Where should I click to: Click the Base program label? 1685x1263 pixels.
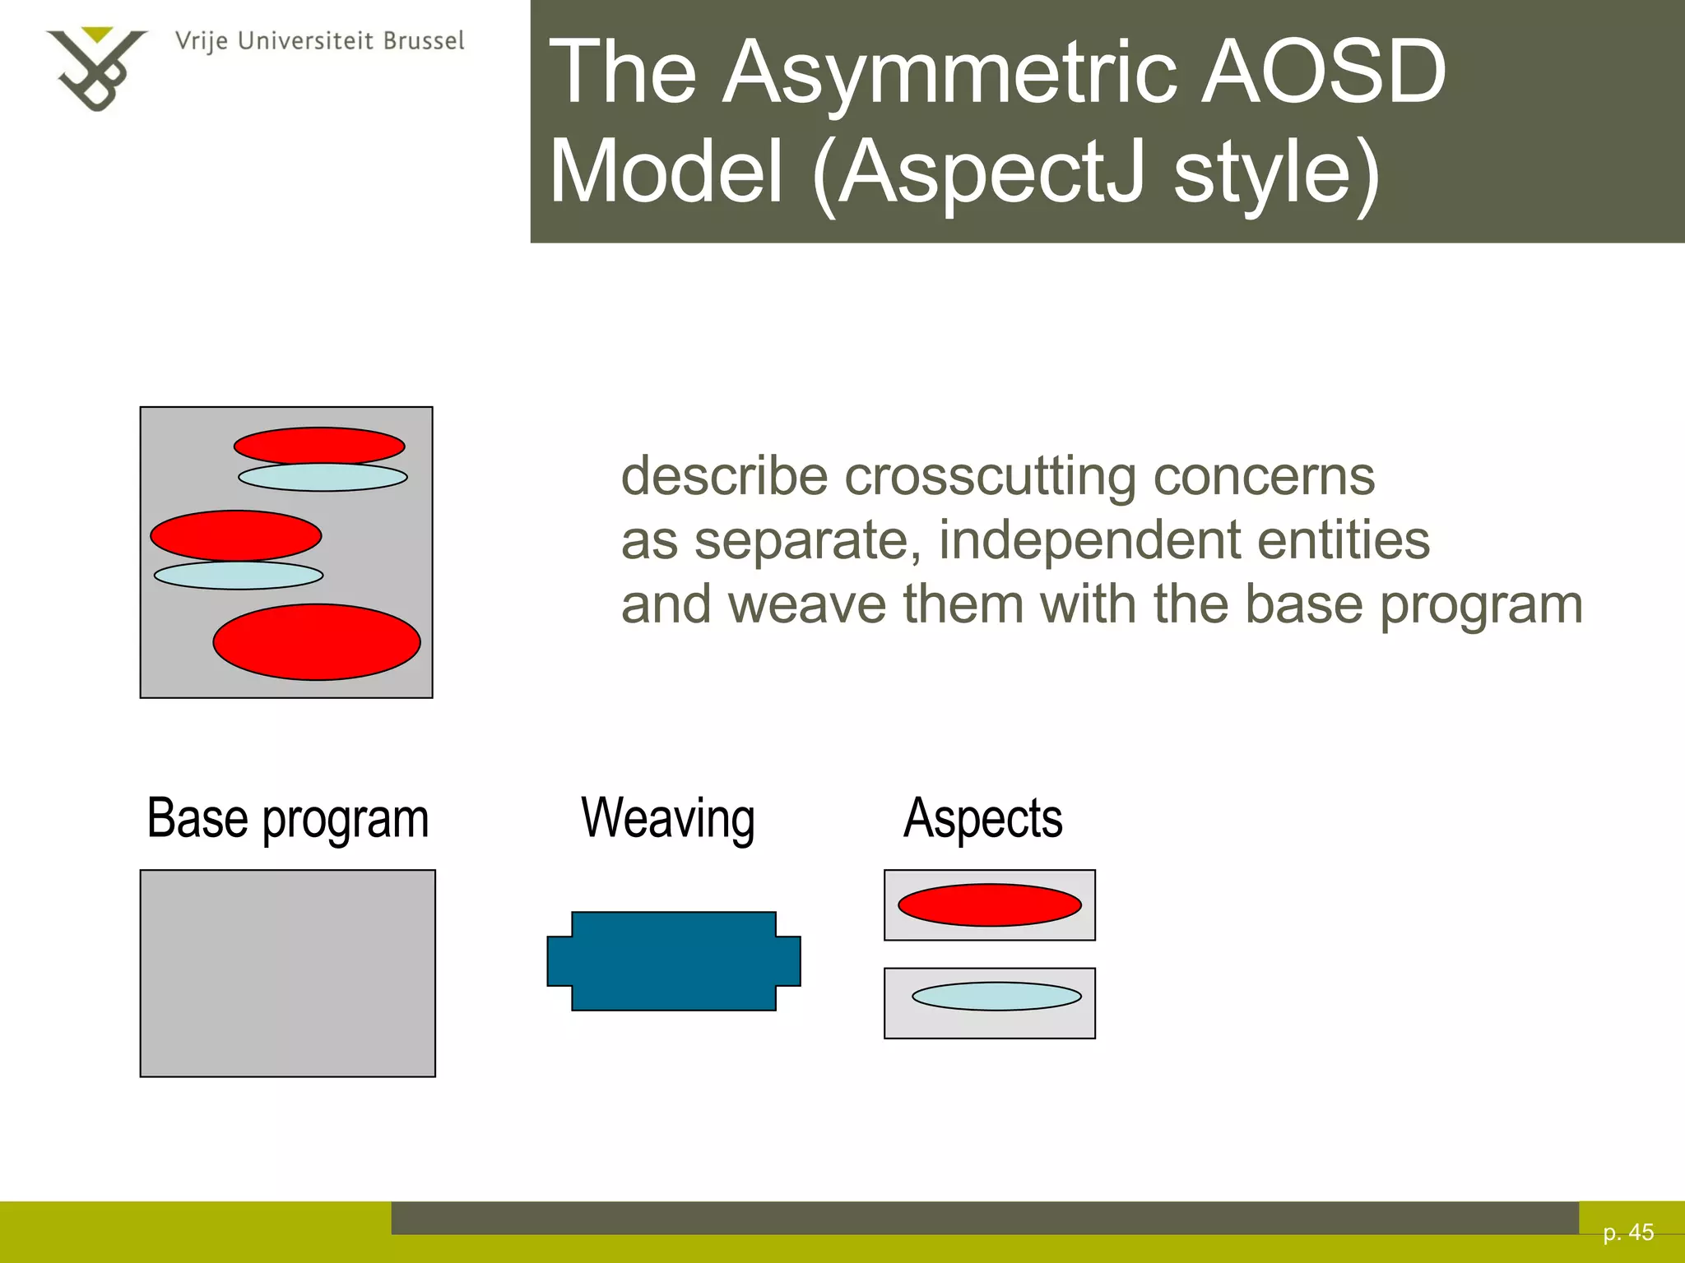(288, 819)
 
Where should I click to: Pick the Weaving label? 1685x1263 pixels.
(668, 819)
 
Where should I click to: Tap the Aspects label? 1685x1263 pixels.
(983, 819)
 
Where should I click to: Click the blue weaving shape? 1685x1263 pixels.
(674, 960)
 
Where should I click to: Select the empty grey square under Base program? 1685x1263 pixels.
(288, 974)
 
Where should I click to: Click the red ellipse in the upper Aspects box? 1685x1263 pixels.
(990, 904)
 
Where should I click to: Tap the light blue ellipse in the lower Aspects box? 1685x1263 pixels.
(996, 997)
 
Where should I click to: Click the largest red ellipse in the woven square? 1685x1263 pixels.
(317, 642)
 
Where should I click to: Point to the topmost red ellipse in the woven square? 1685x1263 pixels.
(319, 446)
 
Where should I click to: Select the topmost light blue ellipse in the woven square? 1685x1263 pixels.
(323, 478)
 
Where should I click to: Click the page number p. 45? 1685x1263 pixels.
(1628, 1233)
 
